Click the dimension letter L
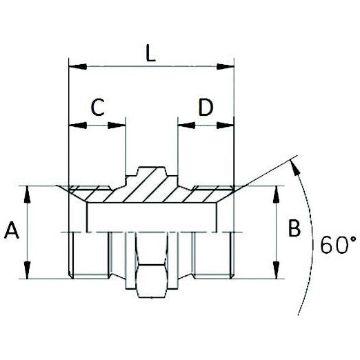(152, 54)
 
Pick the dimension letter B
(294, 229)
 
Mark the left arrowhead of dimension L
(74, 67)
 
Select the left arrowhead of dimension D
(183, 126)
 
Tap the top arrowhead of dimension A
(28, 190)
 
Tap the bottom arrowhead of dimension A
(28, 274)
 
